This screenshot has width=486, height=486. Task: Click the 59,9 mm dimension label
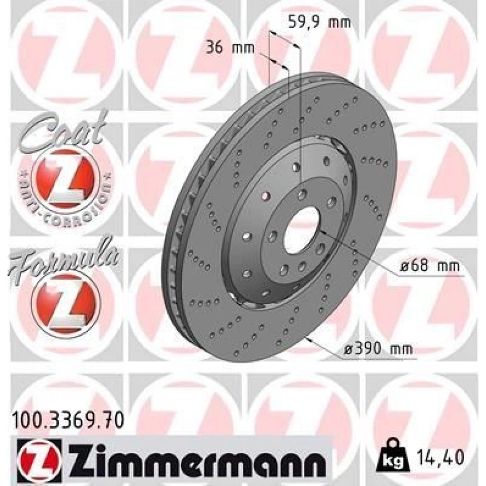pyautogui.click(x=320, y=22)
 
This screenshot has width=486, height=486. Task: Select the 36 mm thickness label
pyautogui.click(x=230, y=49)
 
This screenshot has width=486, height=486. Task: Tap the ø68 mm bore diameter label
pyautogui.click(x=429, y=266)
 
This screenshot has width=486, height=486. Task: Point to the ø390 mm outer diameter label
pyautogui.click(x=379, y=349)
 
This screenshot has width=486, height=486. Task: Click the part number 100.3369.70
pyautogui.click(x=68, y=421)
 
